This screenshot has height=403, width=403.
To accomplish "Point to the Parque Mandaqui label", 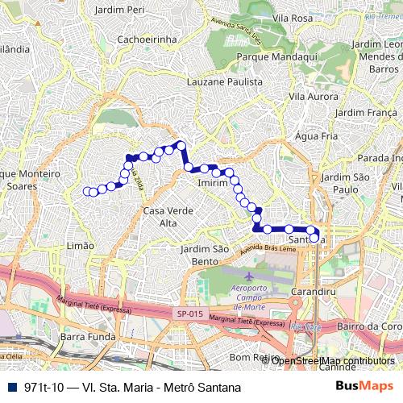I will pyautogui.click(x=264, y=59).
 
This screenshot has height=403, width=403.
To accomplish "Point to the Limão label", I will pyautogui.click(x=81, y=245).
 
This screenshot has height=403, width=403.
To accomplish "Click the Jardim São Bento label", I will pyautogui.click(x=206, y=255).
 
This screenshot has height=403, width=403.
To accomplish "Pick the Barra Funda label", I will pyautogui.click(x=84, y=336).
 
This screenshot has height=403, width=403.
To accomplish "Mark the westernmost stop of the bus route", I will pyautogui.click(x=87, y=191).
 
